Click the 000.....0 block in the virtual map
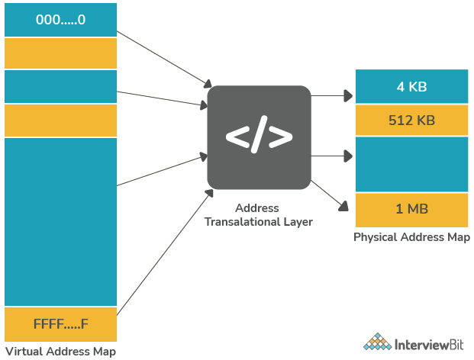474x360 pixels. (x=60, y=20)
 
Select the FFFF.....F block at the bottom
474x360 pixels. (x=60, y=325)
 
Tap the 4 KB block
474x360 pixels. (x=411, y=86)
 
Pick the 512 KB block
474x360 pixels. (x=411, y=120)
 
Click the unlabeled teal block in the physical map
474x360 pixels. (x=411, y=164)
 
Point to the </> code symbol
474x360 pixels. (x=259, y=137)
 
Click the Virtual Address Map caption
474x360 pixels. (x=60, y=352)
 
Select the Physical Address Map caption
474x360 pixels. (x=411, y=237)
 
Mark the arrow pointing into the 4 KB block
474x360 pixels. (x=332, y=96)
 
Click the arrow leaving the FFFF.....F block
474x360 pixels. (x=164, y=251)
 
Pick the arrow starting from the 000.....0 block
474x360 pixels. (x=164, y=58)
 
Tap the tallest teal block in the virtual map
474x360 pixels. (x=60, y=221)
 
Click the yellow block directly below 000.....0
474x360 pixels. (x=60, y=53)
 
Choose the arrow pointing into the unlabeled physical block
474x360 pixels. (x=332, y=156)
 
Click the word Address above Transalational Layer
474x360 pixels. (x=257, y=208)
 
